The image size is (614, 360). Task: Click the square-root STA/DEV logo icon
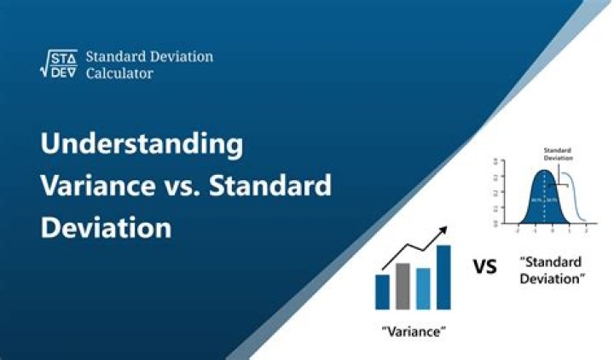59,65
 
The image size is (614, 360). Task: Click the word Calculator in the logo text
119,74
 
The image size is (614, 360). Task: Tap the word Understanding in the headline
142,144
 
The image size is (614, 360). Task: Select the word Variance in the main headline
96,186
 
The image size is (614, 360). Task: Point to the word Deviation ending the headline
106,228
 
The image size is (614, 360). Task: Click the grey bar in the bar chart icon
403,286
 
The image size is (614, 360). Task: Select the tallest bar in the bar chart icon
443,276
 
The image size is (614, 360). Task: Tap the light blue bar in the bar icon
423,288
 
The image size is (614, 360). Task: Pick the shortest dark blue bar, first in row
383,291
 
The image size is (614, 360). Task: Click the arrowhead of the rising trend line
444,231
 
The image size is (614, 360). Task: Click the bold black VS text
485,268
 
